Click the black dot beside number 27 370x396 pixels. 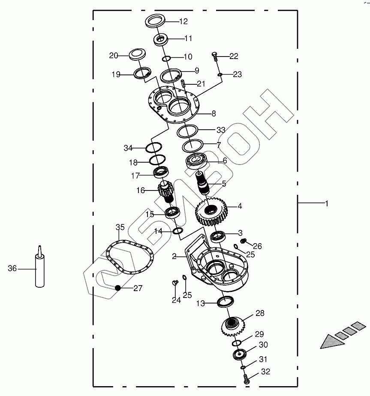coord(118,287)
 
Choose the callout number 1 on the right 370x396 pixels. coord(327,203)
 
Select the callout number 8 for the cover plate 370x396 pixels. coord(213,113)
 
